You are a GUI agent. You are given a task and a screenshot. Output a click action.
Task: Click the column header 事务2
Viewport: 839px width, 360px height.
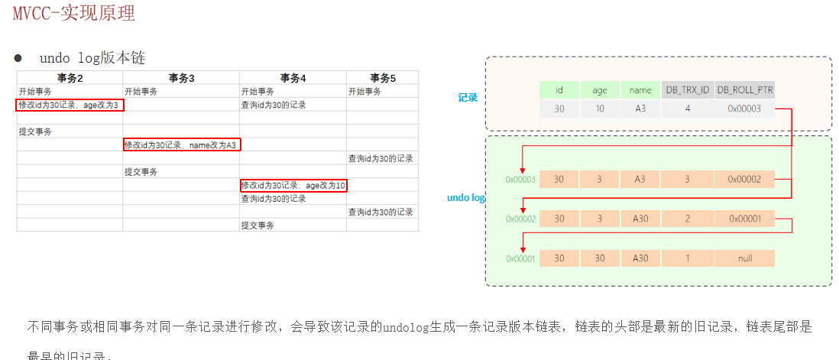70,78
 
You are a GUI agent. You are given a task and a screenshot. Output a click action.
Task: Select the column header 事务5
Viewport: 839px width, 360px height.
382,78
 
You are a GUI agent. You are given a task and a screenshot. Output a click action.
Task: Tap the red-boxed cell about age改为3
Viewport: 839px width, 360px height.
70,105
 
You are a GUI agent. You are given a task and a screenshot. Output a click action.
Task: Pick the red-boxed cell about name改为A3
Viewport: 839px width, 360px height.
182,144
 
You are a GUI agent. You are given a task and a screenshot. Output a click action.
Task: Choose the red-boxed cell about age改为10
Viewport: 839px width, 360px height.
293,185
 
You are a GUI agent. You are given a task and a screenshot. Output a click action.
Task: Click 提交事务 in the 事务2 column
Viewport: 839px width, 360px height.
35,131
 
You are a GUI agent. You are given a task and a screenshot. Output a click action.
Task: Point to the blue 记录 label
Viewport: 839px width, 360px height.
468,98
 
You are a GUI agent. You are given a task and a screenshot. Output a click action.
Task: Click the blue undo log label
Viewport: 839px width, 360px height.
465,198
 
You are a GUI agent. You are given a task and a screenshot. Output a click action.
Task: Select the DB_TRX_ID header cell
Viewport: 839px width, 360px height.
688,90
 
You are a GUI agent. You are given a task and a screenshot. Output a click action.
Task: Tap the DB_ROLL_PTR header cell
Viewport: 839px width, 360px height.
745,90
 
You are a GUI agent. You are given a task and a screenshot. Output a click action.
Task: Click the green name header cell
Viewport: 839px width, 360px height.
640,90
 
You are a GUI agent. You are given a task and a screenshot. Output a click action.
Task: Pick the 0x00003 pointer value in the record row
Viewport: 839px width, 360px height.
745,109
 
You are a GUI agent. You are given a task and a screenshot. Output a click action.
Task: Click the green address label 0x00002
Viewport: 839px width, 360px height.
520,219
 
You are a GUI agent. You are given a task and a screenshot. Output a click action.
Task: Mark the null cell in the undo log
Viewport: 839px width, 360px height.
745,258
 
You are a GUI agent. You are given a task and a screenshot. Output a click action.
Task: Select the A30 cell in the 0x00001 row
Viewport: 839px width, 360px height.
640,258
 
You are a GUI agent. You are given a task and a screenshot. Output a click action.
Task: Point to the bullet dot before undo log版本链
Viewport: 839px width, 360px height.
18,58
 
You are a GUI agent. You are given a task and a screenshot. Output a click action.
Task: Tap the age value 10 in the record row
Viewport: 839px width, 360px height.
600,109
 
